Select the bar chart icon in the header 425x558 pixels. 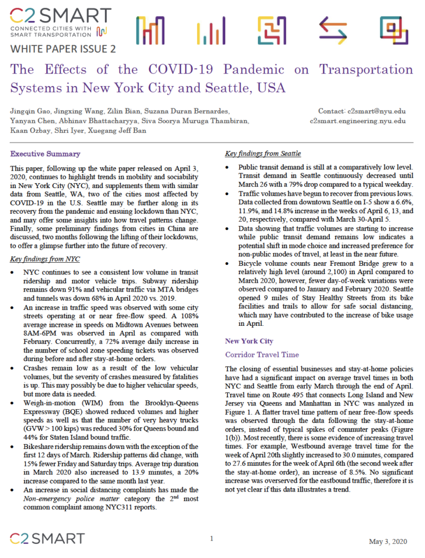pos(211,31)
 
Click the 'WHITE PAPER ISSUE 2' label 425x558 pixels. pos(63,48)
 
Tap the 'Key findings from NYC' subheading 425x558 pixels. pos(45,259)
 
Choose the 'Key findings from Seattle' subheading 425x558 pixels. pos(263,154)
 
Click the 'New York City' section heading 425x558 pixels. pos(249,341)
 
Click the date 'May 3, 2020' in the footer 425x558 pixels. pos(387,542)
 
